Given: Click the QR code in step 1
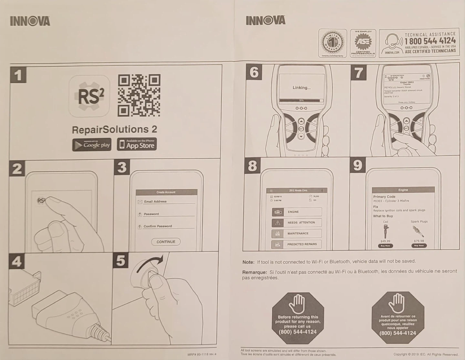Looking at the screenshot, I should click(x=139, y=95).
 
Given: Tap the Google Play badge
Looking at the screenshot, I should click(x=92, y=145).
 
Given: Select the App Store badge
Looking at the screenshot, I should click(x=137, y=144).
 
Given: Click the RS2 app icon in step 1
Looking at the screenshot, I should click(x=89, y=96).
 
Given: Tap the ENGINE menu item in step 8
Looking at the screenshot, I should click(x=297, y=212).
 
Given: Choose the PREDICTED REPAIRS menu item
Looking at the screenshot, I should click(x=297, y=244).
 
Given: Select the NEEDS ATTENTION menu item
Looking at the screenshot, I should click(x=297, y=223).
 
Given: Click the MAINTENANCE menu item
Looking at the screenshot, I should click(x=297, y=233).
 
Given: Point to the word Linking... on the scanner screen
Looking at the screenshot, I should click(x=302, y=88).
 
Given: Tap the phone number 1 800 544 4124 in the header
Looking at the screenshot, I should click(x=430, y=41).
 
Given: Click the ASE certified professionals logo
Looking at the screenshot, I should click(x=363, y=43).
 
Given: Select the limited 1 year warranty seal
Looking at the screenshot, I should click(x=332, y=43).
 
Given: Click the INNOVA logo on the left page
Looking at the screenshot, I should click(x=30, y=21).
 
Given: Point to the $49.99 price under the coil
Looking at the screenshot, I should click(x=385, y=241).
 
